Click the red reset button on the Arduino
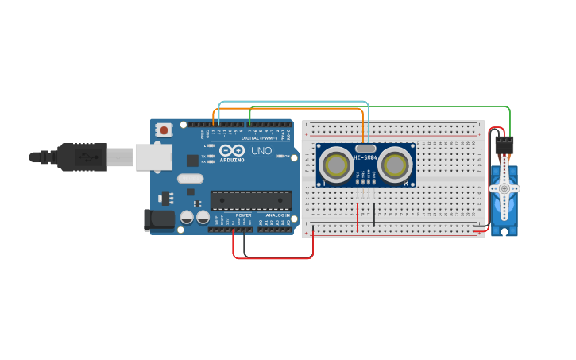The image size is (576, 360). point(164,129)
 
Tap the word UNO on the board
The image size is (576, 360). point(261,151)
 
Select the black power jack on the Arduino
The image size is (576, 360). point(158,219)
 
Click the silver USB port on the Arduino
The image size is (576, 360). point(153,157)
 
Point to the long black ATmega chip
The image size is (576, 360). point(250,200)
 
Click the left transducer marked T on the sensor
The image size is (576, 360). point(337,166)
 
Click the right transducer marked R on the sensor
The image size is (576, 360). point(394,166)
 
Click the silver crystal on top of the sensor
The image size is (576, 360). point(365,148)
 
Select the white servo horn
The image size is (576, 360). point(504,188)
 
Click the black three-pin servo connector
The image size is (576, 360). point(504,145)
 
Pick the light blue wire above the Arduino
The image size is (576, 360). point(294,102)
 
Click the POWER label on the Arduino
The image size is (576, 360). point(243,215)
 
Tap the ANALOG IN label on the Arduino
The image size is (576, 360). point(277,215)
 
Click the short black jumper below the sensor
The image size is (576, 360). point(374,212)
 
